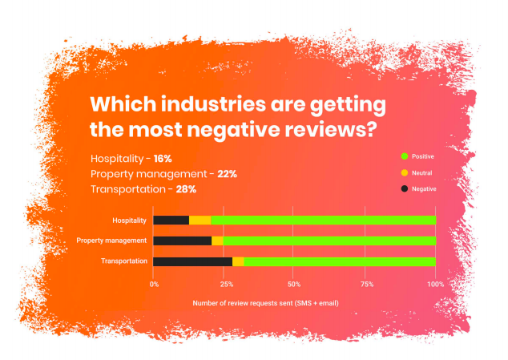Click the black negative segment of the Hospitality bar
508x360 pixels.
171,220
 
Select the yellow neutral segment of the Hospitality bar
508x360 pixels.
200,220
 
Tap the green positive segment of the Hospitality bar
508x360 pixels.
323,220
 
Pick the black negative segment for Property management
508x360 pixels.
182,241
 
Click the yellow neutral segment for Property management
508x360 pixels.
217,241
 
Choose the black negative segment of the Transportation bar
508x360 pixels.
192,261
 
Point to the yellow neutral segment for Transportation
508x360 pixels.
238,261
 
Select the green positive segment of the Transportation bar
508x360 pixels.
340,261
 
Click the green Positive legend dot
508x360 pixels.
405,156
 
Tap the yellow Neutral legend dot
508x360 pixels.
405,172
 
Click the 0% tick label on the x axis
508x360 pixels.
154,284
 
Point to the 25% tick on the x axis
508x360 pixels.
224,284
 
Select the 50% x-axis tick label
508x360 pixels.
295,284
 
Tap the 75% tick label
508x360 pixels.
365,284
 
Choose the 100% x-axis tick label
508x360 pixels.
435,284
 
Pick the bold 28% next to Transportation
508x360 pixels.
186,189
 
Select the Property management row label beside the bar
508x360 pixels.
111,241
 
